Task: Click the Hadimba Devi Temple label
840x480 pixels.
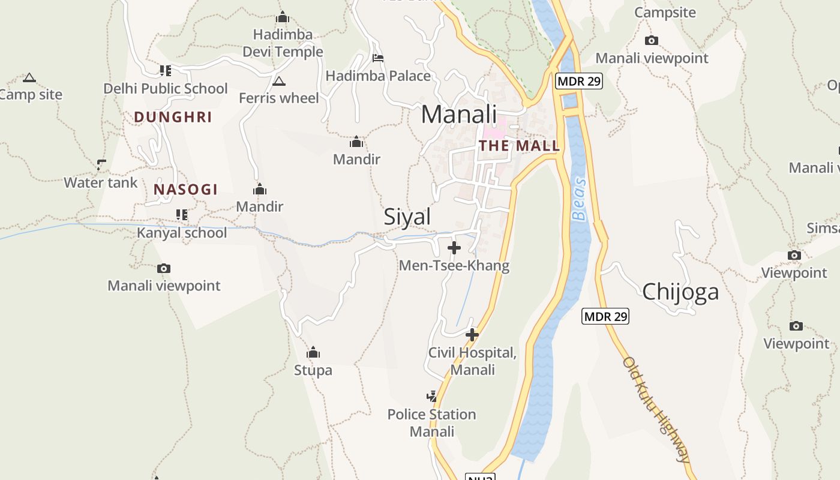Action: (283, 43)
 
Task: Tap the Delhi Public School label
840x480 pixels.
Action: (166, 89)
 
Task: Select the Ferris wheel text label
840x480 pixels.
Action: (279, 98)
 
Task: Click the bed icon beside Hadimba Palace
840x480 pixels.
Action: (378, 58)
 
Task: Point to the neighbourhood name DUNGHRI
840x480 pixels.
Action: (173, 117)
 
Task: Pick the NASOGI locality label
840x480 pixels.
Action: (185, 190)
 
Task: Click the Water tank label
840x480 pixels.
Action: (101, 182)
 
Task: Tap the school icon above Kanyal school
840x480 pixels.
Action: (182, 214)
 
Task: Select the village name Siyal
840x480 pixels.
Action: (407, 217)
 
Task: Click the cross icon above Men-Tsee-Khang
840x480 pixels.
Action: (454, 247)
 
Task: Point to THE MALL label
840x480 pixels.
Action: (520, 145)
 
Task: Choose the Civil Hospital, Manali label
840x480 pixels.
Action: (472, 361)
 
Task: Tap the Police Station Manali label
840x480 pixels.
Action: (432, 423)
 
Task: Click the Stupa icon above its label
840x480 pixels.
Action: (313, 352)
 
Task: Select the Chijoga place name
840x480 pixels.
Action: (680, 292)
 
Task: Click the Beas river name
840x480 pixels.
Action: (579, 199)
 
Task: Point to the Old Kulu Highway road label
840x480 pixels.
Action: (656, 410)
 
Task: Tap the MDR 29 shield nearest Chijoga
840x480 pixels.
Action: (605, 316)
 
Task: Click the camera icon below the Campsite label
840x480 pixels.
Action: (652, 41)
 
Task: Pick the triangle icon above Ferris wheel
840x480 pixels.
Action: (278, 81)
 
